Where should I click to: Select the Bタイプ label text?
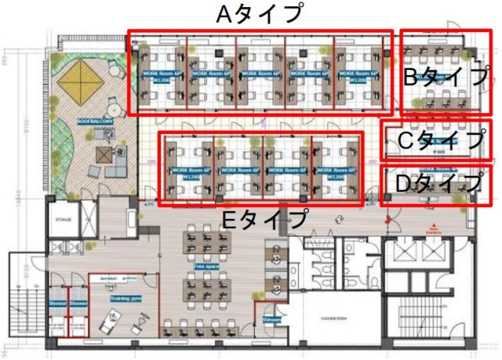[445, 76]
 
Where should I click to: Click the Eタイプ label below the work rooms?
[264, 220]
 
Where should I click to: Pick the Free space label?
[206, 267]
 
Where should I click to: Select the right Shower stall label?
[77, 304]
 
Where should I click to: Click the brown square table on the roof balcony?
[103, 154]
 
